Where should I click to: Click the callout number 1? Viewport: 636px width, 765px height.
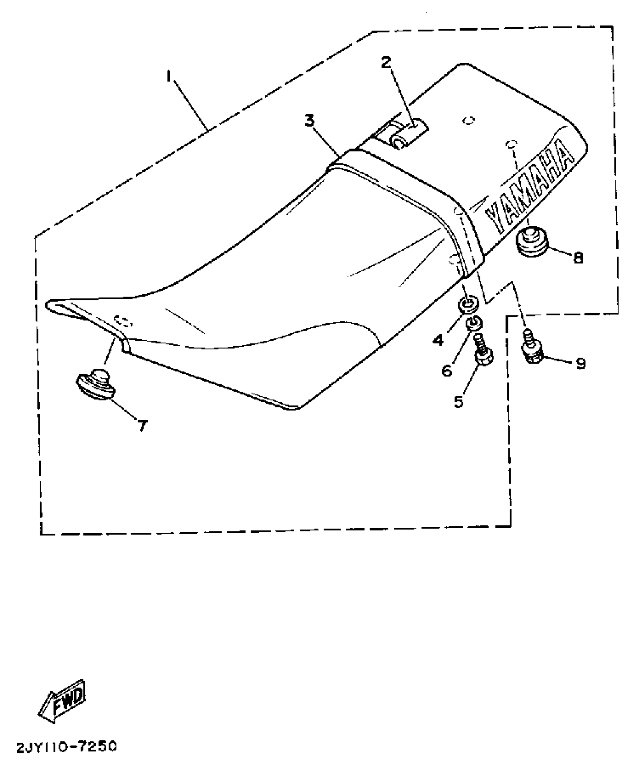point(169,77)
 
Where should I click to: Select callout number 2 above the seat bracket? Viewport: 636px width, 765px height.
point(386,62)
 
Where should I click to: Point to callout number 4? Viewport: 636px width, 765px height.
point(438,340)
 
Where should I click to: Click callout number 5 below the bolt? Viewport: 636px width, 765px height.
point(458,401)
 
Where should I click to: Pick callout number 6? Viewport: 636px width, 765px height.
point(447,370)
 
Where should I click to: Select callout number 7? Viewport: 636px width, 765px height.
point(142,425)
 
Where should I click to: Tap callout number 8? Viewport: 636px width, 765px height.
point(578,258)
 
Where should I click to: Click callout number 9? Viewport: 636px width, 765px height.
point(580,363)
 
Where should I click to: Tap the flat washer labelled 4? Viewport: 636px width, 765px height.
point(468,305)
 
